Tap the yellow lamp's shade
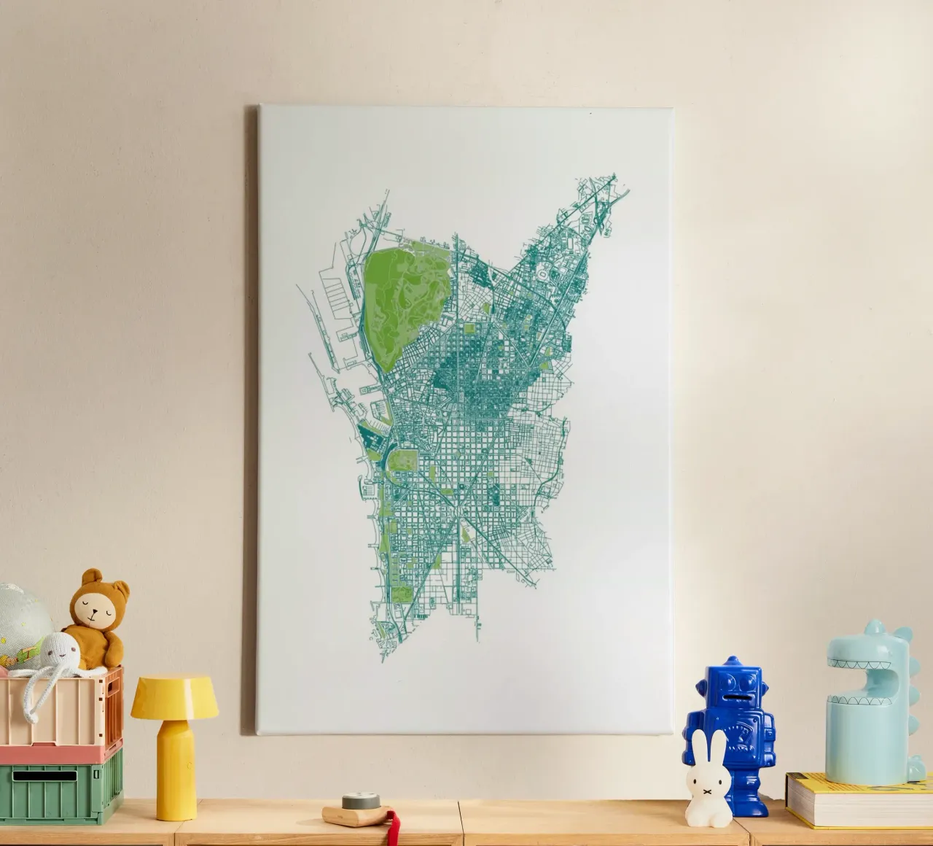[x=174, y=696]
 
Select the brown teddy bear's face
[x=96, y=612]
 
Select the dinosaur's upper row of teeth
[x=861, y=665]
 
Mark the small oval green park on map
[x=403, y=462]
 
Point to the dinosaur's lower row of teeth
[x=863, y=686]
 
